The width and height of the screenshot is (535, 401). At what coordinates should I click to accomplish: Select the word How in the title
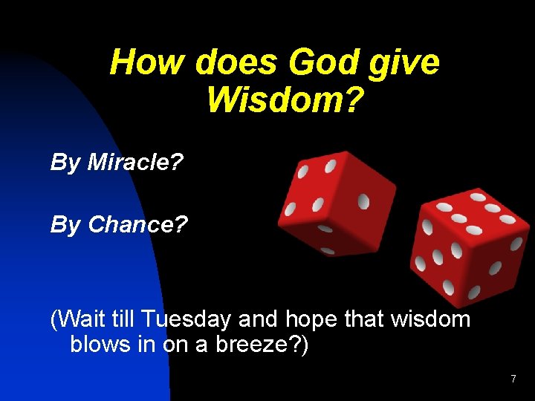[x=147, y=62]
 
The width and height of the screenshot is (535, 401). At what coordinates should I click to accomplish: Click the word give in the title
[x=406, y=64]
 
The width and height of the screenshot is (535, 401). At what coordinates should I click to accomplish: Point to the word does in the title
[x=235, y=62]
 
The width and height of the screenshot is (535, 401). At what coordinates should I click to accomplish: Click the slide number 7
[x=513, y=379]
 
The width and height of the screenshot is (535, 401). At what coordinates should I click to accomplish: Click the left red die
[x=335, y=201]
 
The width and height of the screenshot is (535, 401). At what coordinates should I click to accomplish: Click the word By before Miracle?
[x=65, y=163]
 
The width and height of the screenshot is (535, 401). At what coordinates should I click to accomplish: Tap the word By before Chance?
[x=65, y=225]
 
